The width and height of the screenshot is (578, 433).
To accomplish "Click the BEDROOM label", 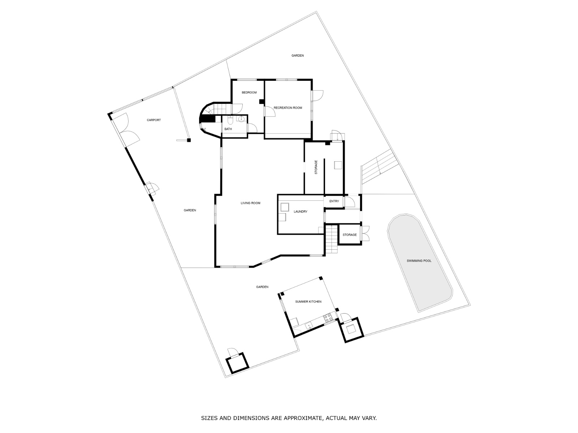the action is [249, 92].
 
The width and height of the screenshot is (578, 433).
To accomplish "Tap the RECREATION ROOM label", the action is [288, 108].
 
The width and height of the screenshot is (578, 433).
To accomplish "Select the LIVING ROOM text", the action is [250, 203].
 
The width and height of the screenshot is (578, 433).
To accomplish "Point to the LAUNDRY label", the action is [301, 211].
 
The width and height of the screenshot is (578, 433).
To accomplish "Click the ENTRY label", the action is [334, 201].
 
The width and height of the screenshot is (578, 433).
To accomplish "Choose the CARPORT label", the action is [154, 120].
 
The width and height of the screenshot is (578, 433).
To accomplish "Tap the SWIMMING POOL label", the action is [419, 261].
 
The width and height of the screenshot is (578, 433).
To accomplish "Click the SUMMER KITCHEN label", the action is [309, 302].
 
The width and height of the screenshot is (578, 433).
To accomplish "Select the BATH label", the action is [228, 129].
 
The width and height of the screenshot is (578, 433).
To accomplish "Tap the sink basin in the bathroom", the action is [241, 119].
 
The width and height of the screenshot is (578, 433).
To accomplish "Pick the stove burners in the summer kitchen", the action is [328, 318].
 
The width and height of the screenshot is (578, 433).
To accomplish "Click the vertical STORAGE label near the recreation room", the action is [316, 167].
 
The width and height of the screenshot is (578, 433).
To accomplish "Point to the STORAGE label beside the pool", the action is [350, 235].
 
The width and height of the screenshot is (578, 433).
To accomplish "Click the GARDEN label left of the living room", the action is [190, 210].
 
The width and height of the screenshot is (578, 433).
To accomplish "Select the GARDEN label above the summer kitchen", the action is [262, 287].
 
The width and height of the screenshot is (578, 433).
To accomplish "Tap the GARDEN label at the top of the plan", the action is [298, 56].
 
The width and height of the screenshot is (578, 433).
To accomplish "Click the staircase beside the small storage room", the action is [332, 239].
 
